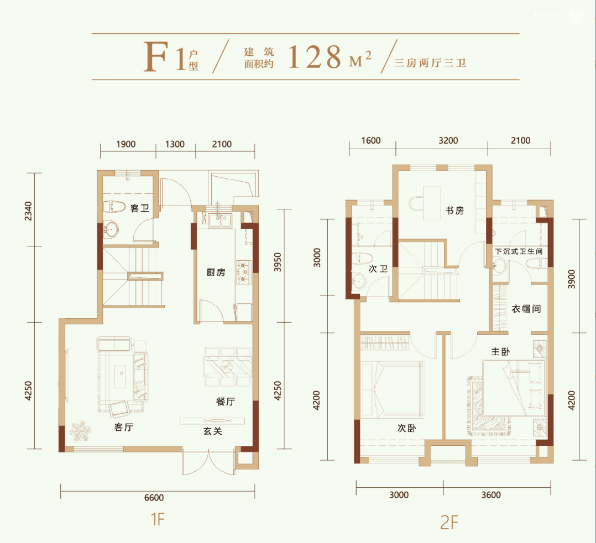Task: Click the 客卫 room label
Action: click(x=139, y=208)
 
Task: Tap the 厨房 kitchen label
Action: click(x=216, y=272)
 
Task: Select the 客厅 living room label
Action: click(x=123, y=427)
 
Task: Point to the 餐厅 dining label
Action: click(x=226, y=402)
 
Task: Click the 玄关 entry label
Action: click(x=212, y=431)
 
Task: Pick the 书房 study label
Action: click(x=454, y=210)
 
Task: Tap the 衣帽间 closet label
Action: click(x=526, y=309)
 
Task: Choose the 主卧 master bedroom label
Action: click(x=500, y=352)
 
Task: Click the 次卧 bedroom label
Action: click(x=407, y=428)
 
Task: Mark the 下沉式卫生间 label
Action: click(x=519, y=251)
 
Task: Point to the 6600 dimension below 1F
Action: click(x=154, y=498)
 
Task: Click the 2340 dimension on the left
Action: click(x=28, y=211)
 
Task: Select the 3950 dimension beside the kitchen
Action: click(x=278, y=262)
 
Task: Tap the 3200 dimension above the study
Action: click(x=448, y=140)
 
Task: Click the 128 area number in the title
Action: click(x=315, y=57)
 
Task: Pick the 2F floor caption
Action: click(x=449, y=523)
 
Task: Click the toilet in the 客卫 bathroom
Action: click(x=114, y=207)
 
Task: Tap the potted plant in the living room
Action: click(x=80, y=431)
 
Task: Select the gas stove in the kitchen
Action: click(x=244, y=272)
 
